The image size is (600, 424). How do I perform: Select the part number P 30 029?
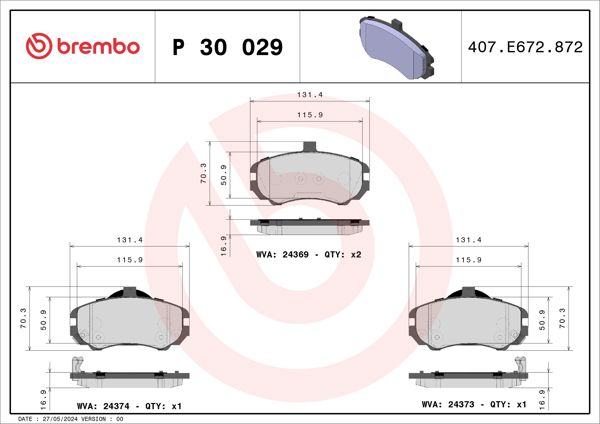point(228,47)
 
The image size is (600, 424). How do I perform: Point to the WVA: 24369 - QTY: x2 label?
point(308,255)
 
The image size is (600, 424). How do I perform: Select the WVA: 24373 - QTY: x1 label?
point(475,406)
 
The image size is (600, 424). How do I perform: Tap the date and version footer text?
point(71,418)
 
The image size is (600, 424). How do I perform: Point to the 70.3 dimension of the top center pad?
point(204,173)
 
